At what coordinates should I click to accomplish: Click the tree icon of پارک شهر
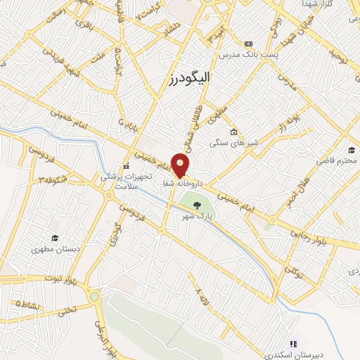pyautogui.click(x=198, y=205)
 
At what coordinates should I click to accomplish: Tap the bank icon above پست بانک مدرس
pyautogui.click(x=247, y=43)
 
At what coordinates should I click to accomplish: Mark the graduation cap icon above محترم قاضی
pyautogui.click(x=352, y=149)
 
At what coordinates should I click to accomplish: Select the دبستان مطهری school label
pyautogui.click(x=54, y=249)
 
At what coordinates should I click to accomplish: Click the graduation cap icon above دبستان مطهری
pyautogui.click(x=54, y=238)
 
